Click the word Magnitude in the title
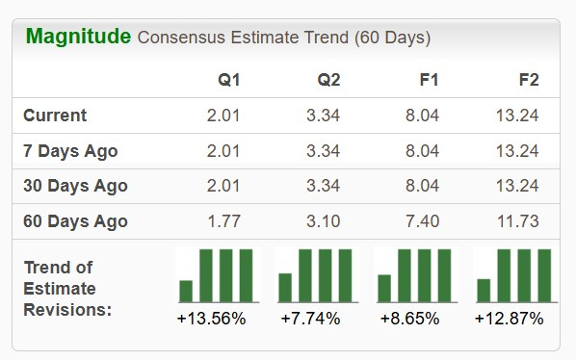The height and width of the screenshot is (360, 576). click(78, 37)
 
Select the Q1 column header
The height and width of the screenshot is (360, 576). click(229, 80)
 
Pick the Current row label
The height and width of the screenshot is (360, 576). click(55, 116)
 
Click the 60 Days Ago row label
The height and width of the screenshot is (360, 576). click(75, 221)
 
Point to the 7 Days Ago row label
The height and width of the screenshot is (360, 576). click(70, 151)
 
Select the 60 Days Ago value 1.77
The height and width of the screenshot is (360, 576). click(224, 221)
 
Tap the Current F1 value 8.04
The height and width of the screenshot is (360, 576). click(422, 116)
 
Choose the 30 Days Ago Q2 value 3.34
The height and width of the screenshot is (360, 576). click(323, 186)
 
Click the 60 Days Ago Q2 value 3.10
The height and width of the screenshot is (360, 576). click(323, 221)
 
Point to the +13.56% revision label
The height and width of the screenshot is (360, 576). click(212, 319)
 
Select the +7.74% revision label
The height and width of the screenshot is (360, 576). click(310, 319)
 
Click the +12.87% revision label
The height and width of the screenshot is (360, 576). click(509, 319)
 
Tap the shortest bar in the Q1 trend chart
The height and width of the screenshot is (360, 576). click(186, 291)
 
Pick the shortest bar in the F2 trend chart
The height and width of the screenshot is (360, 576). click(484, 290)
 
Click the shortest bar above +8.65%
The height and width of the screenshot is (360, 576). click(384, 288)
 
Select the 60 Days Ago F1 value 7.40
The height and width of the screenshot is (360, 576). click(422, 221)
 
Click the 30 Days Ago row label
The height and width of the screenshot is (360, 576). click(75, 186)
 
